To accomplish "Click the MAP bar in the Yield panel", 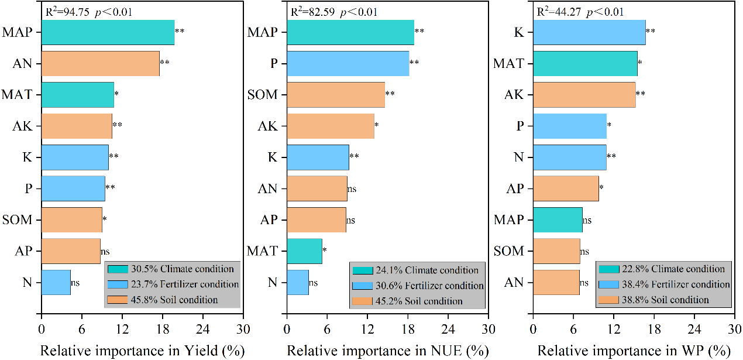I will (108, 32).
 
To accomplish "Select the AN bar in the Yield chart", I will (100, 63).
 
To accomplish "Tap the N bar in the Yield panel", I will (56, 282).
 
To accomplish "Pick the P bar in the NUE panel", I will (348, 63).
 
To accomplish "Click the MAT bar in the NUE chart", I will (304, 251).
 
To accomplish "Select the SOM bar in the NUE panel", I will (335, 95).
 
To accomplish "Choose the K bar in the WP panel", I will (589, 32).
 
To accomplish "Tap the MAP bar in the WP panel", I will (558, 220).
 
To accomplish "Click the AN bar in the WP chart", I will (556, 282).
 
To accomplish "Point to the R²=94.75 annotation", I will (68, 12).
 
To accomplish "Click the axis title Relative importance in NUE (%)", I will (387, 351).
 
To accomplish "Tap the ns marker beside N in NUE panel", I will (314, 283).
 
